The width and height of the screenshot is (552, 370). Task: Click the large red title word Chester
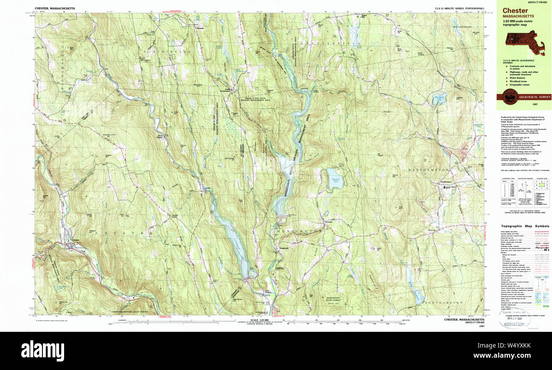[515, 10]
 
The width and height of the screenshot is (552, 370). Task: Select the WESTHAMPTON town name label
[428, 170]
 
